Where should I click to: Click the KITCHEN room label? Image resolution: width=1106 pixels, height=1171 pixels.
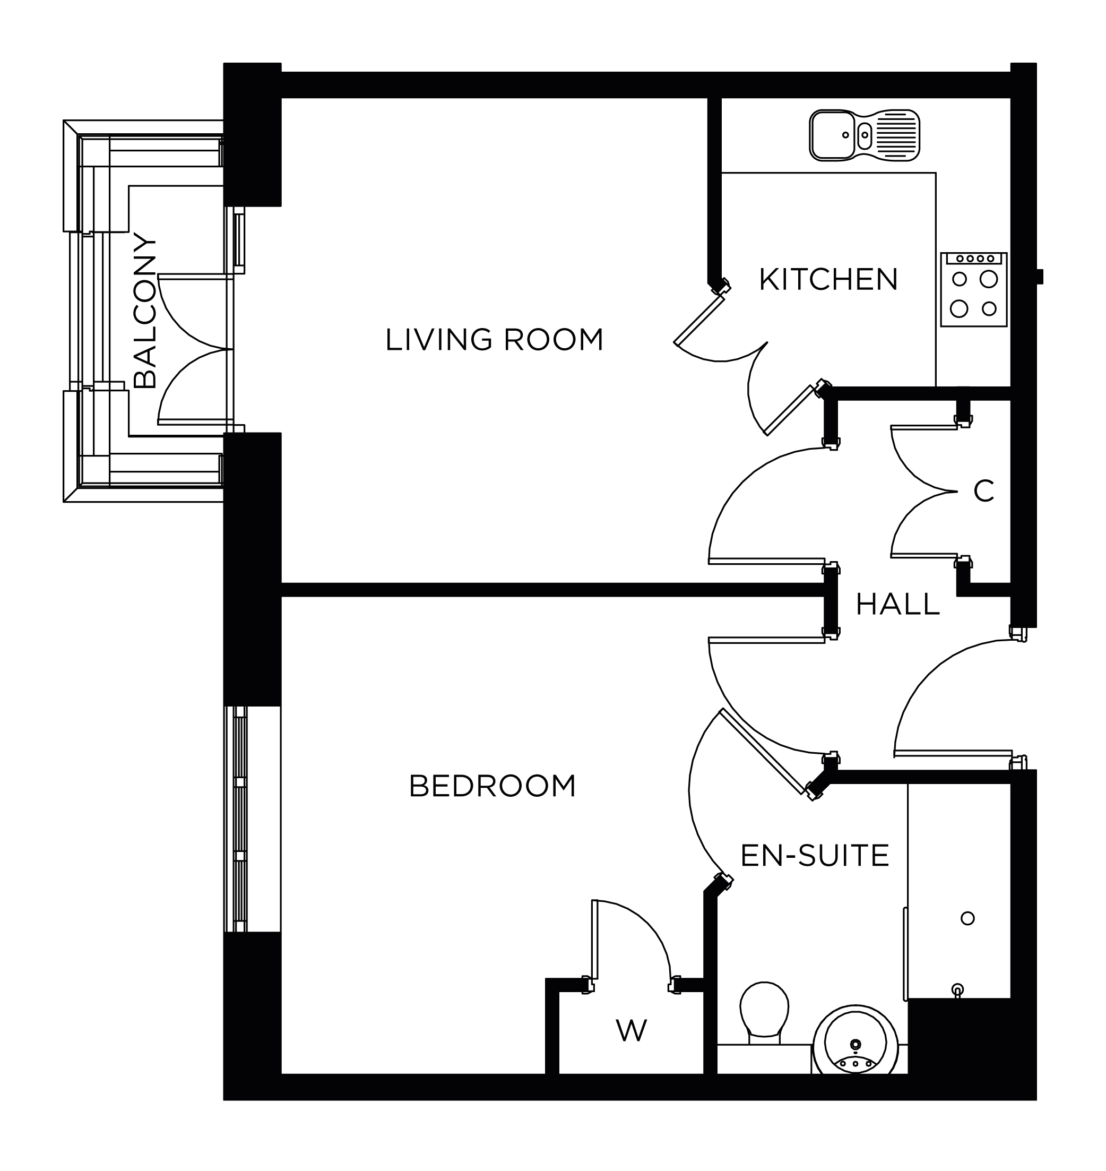(828, 280)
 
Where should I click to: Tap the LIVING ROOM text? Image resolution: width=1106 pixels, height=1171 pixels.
(494, 340)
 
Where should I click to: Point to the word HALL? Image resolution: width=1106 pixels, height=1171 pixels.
(897, 605)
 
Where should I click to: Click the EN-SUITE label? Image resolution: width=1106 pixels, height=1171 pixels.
(814, 856)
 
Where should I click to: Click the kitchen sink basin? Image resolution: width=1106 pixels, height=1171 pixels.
(832, 135)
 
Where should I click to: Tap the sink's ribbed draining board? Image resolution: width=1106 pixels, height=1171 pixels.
(896, 135)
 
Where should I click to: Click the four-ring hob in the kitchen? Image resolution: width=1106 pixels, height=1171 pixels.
(973, 294)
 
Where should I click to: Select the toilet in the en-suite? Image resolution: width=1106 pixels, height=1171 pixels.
(764, 1011)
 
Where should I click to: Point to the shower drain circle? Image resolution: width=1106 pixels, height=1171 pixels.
(967, 918)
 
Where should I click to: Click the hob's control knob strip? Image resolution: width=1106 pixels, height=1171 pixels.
(973, 259)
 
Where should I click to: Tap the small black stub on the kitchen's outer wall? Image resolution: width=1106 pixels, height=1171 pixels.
(1040, 276)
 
